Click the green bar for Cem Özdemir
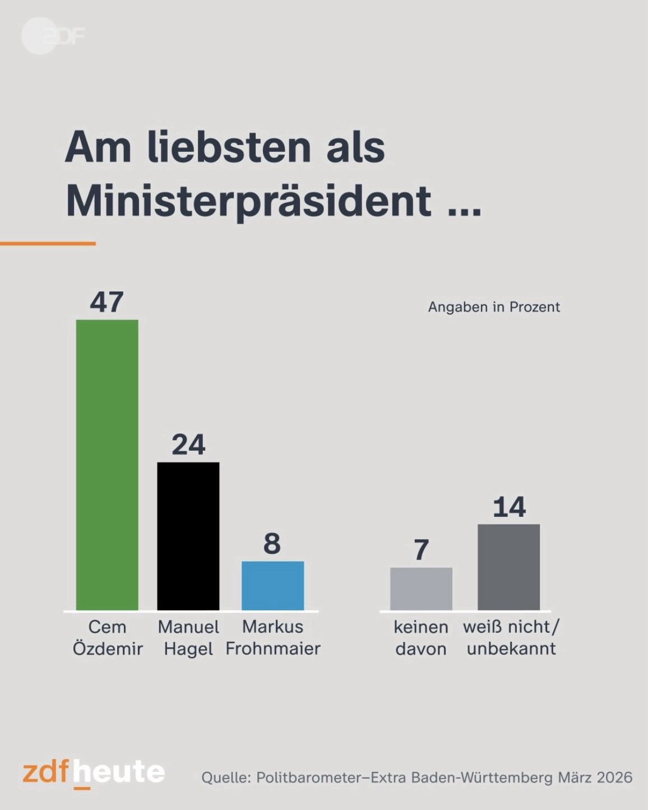107,465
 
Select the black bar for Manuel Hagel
188,536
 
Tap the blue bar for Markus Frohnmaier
272,585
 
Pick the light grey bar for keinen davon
421,589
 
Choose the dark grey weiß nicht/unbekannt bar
508,567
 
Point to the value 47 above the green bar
107,302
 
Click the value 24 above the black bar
188,445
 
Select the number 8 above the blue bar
272,543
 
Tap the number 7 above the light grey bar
422,550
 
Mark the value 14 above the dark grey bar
509,507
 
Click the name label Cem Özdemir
108,637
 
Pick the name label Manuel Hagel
188,637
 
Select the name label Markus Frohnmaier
273,637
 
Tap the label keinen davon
421,637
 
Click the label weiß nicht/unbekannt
511,637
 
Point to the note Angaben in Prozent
494,307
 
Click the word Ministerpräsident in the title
249,201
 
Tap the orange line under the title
48,243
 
